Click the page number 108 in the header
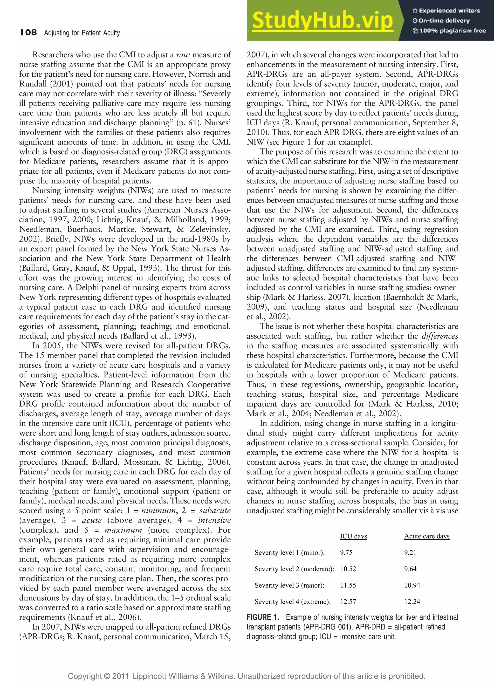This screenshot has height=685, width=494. [x=29, y=32]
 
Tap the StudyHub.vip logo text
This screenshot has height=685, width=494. [x=322, y=20]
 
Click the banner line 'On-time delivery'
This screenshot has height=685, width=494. [x=444, y=21]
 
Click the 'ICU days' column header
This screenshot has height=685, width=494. [x=354, y=536]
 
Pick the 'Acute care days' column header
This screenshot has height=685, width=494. [x=427, y=536]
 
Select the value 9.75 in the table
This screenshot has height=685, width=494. [x=346, y=552]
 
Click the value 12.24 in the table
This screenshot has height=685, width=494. [x=412, y=601]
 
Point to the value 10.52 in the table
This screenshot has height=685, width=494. [x=348, y=569]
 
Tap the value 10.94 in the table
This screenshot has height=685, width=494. [x=412, y=585]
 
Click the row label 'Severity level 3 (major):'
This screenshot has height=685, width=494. [x=289, y=585]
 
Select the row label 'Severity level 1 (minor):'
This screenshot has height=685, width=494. [x=289, y=552]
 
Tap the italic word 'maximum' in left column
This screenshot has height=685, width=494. [x=123, y=530]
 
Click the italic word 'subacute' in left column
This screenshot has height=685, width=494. [x=215, y=510]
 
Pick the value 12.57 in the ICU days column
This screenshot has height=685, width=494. [x=348, y=601]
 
